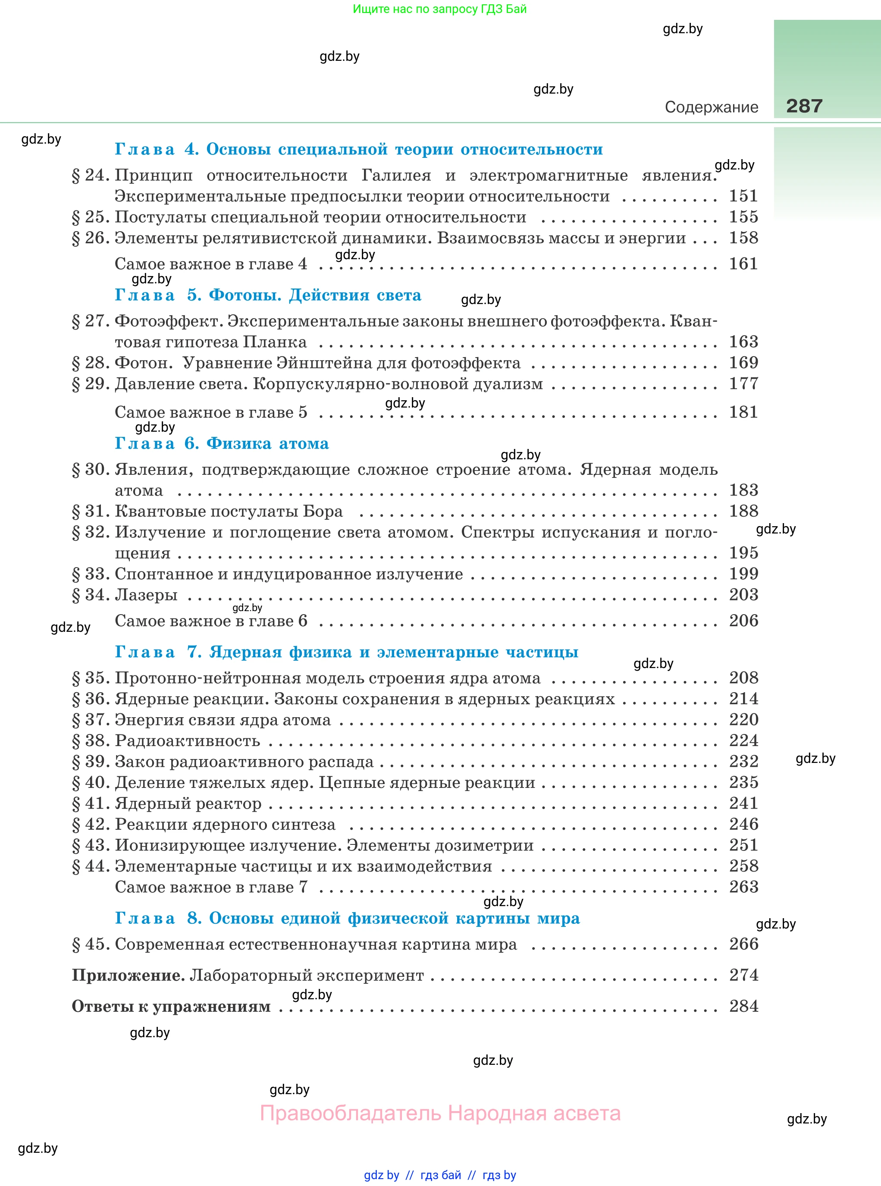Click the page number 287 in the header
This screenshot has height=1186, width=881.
804,106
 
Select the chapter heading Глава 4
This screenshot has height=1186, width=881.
358,149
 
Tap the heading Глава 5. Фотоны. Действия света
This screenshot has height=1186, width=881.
268,295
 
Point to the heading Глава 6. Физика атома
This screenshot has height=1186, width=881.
222,443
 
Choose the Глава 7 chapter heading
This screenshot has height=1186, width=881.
346,652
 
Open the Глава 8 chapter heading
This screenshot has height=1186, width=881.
347,918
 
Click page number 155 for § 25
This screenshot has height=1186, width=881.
743,217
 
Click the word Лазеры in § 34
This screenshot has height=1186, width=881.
146,595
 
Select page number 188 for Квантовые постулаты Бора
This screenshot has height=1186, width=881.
743,511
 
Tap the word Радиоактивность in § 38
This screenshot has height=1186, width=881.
187,741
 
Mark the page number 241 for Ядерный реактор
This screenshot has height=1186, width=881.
743,803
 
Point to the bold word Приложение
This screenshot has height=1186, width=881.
128,976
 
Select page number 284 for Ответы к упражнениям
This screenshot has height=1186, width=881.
743,1006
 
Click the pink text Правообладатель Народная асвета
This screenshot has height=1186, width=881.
440,1114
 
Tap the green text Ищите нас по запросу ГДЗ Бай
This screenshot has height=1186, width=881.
439,9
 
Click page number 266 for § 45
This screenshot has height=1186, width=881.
743,944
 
